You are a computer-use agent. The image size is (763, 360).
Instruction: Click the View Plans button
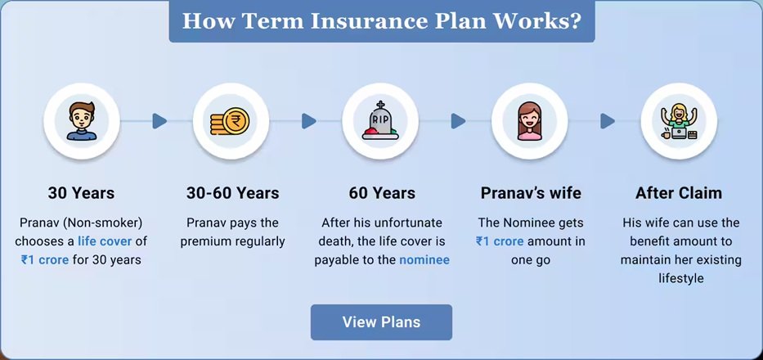click(381, 322)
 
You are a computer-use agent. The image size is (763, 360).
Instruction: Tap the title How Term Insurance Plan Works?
click(381, 21)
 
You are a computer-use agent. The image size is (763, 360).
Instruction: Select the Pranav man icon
click(81, 121)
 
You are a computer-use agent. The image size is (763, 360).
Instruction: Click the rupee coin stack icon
click(230, 121)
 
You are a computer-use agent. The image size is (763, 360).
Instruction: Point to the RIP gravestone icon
click(380, 121)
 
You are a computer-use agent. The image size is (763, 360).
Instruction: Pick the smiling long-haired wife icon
click(529, 121)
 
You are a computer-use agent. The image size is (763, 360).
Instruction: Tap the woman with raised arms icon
click(679, 122)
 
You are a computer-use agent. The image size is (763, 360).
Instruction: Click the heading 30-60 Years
click(232, 193)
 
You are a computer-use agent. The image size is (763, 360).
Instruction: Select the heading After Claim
click(679, 193)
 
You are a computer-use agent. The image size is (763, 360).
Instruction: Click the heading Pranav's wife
click(531, 193)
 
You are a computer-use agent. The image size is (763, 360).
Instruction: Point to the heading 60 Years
click(382, 193)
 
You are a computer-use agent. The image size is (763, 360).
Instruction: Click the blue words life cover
click(105, 241)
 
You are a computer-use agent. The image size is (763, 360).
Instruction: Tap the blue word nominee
click(424, 259)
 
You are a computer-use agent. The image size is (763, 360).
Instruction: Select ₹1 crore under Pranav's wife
click(500, 241)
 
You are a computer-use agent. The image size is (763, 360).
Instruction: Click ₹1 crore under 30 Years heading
click(45, 259)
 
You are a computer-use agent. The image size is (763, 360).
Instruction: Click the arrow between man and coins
click(159, 121)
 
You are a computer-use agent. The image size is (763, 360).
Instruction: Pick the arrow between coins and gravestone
click(309, 121)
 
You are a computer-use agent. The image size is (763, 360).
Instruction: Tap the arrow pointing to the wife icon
click(459, 121)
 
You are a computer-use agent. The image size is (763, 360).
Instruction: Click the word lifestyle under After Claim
click(681, 279)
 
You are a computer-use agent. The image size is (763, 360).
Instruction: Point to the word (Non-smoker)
click(106, 223)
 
